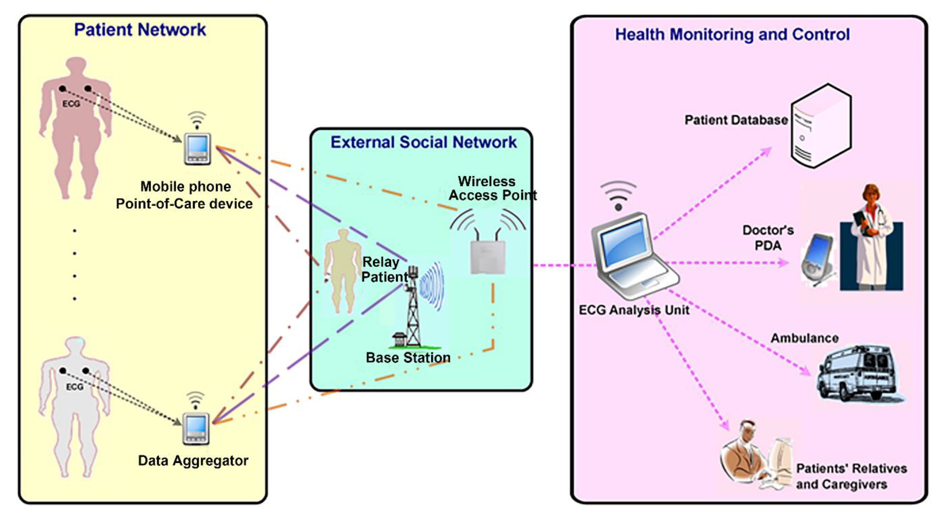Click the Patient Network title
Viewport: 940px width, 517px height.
pyautogui.click(x=140, y=30)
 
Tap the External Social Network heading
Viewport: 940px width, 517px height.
pyautogui.click(x=423, y=142)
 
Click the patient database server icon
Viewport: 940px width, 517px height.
pyautogui.click(x=821, y=126)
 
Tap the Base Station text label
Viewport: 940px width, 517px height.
pyautogui.click(x=408, y=358)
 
